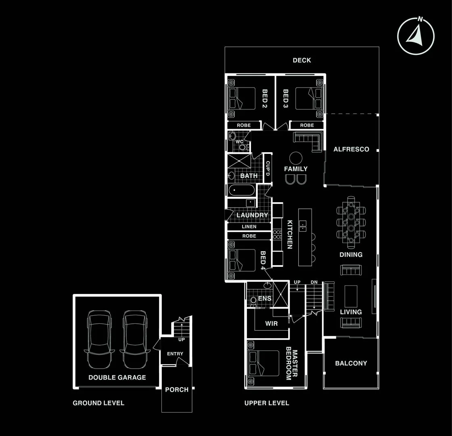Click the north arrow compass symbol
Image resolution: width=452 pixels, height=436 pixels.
click(x=416, y=35)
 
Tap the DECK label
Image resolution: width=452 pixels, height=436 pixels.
click(x=302, y=60)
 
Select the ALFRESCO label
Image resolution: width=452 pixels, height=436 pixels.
click(x=351, y=149)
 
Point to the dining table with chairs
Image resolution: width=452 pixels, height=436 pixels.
click(x=351, y=222)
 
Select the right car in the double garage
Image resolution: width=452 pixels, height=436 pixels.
click(x=134, y=339)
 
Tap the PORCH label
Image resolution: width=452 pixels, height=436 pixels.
click(x=177, y=390)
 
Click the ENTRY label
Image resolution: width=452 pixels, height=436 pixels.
click(x=175, y=354)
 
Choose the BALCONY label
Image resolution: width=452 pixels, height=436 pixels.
click(x=351, y=363)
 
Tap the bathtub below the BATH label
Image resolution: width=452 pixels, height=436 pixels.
click(x=241, y=191)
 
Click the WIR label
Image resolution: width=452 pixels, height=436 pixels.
click(x=271, y=323)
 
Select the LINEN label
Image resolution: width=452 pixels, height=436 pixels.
click(x=249, y=227)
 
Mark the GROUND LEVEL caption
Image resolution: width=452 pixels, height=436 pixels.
click(x=98, y=403)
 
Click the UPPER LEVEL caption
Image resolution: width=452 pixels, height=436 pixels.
click(x=267, y=403)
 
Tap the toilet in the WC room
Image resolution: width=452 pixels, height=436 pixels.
click(x=242, y=147)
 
